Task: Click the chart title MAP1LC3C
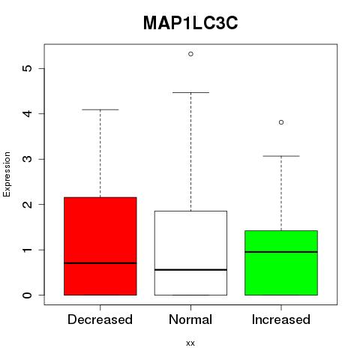[190, 23]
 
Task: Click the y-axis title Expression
[7, 174]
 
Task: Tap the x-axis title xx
[190, 343]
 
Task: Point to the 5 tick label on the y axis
[28, 68]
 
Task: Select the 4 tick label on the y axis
[28, 113]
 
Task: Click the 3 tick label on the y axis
[28, 159]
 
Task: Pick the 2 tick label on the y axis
[28, 204]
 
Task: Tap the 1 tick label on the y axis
[28, 250]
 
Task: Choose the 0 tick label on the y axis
[28, 295]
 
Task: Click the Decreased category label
[100, 319]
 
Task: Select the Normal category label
[190, 319]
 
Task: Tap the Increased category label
[281, 319]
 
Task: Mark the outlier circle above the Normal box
[190, 54]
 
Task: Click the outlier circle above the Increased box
[281, 122]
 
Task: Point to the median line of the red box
[100, 263]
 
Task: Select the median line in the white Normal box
[190, 270]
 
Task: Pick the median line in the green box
[281, 252]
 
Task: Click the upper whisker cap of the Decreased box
[100, 109]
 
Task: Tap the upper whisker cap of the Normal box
[190, 92]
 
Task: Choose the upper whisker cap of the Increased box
[281, 156]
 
